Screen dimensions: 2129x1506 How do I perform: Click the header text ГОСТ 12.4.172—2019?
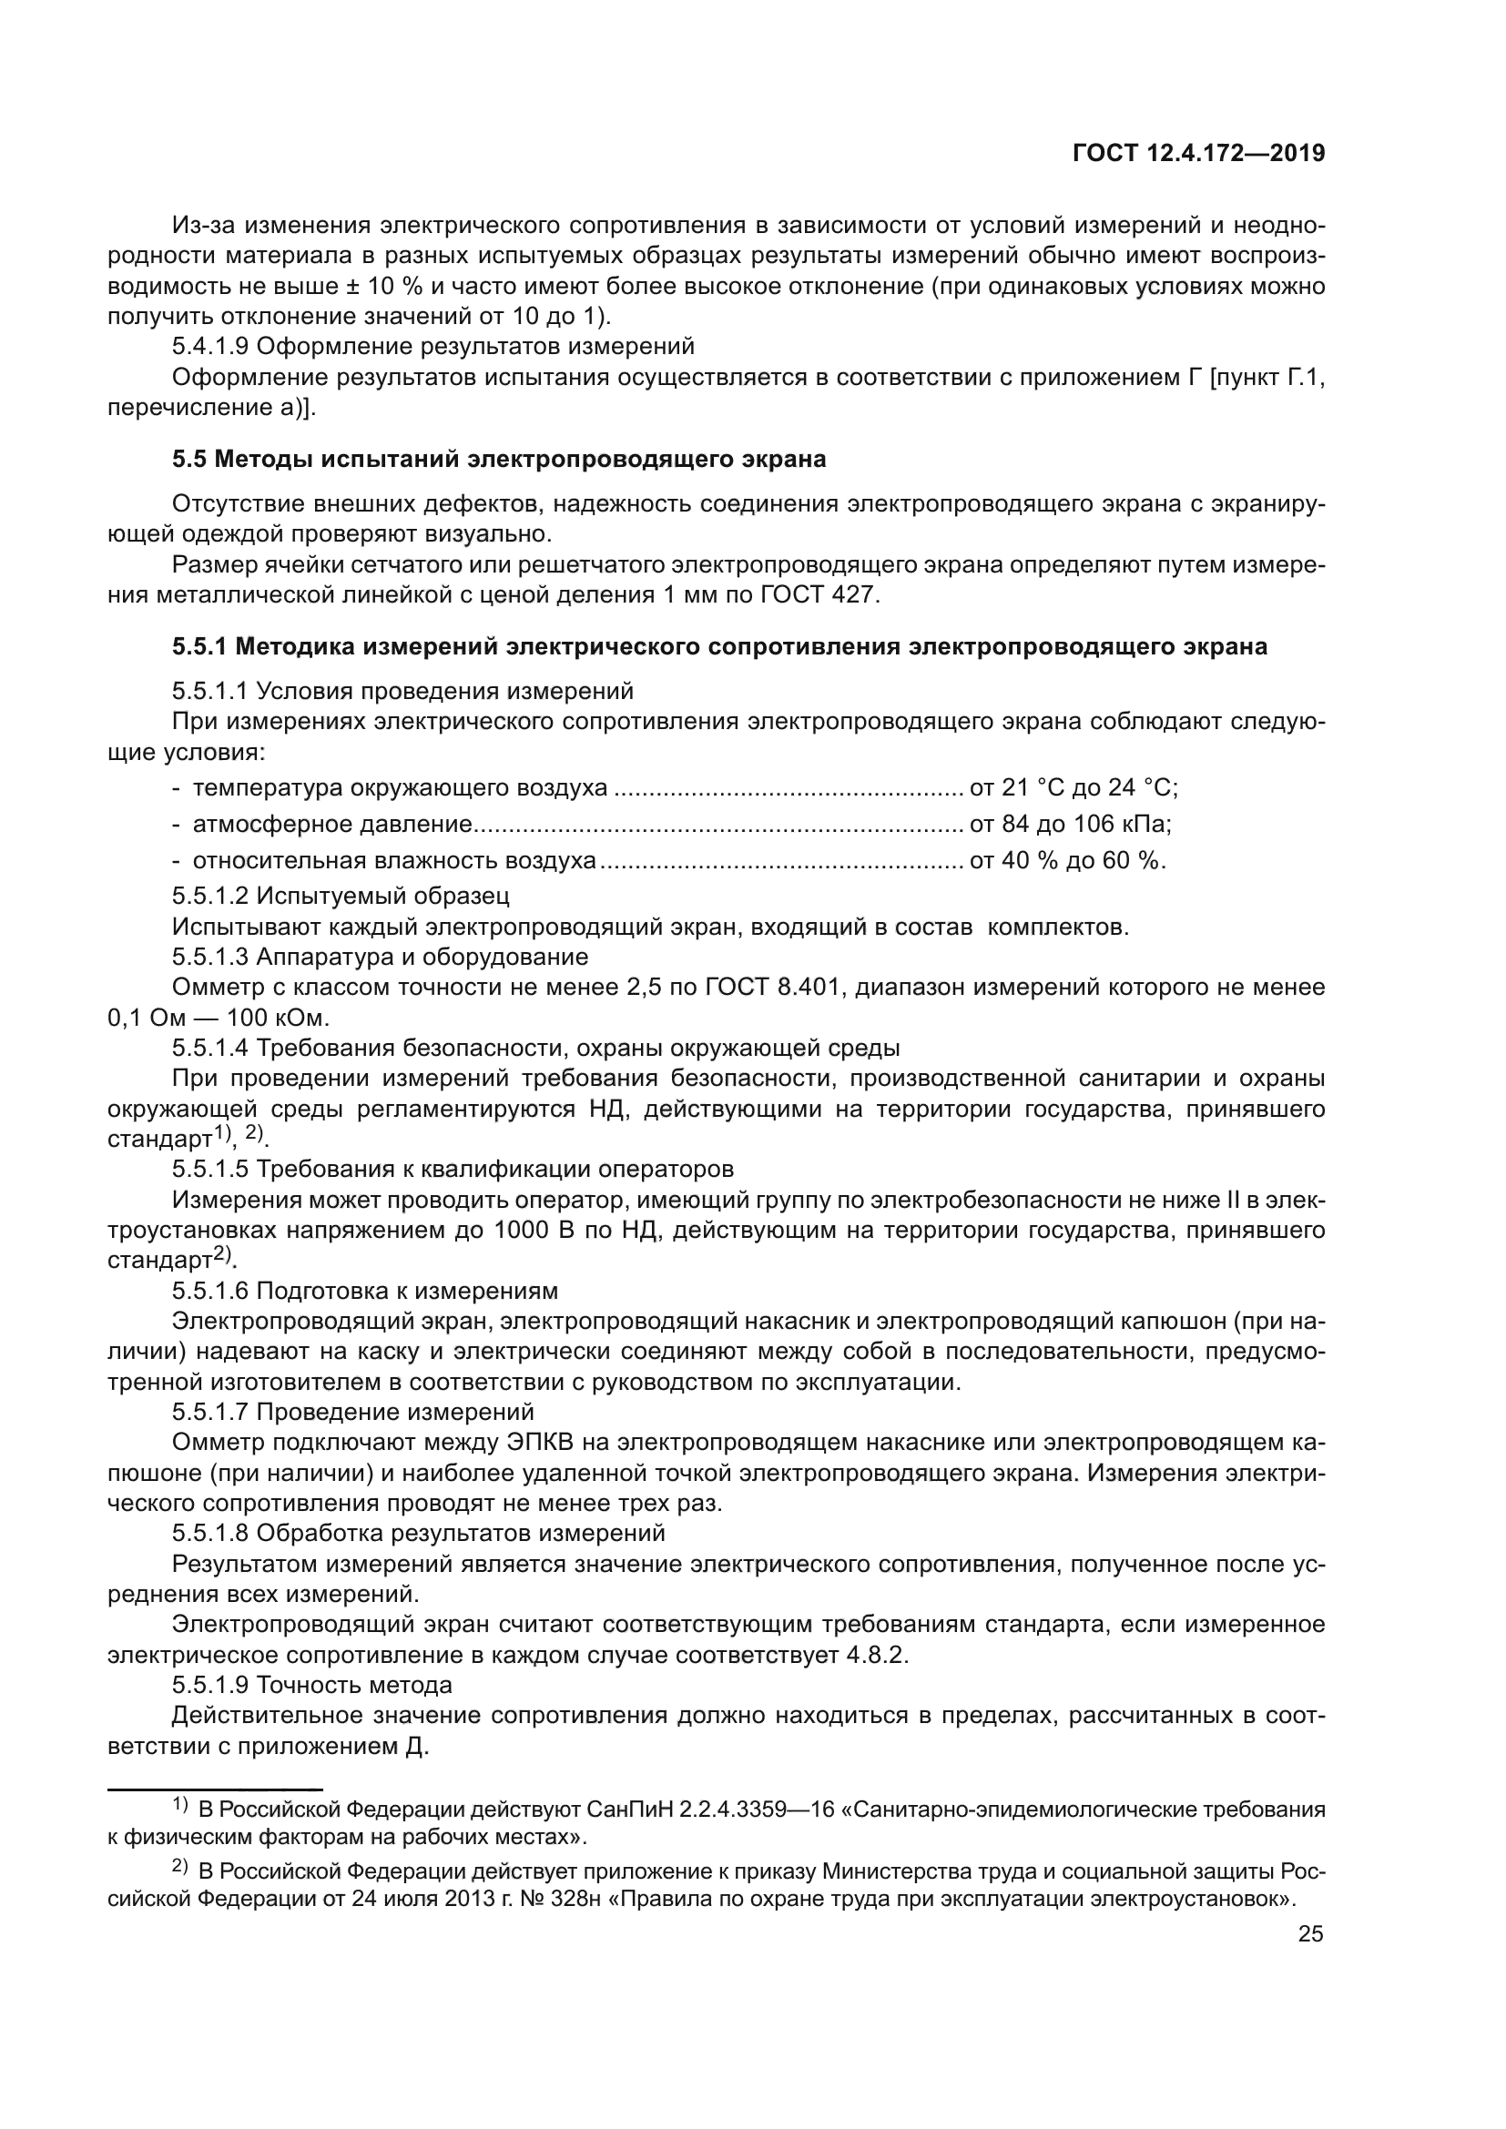tap(1198, 154)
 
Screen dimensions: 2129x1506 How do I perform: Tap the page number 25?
tap(1310, 1933)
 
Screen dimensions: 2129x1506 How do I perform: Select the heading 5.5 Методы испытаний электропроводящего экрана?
tap(499, 459)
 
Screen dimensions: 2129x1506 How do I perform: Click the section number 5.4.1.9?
tap(210, 347)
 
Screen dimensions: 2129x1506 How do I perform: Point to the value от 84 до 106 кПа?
tap(1070, 824)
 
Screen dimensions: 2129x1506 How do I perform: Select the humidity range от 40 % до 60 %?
tap(1067, 859)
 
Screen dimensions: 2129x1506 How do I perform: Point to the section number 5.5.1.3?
tap(210, 956)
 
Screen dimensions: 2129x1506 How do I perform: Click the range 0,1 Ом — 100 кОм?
tap(219, 1018)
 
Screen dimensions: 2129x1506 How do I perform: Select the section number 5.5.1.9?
tap(210, 1685)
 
